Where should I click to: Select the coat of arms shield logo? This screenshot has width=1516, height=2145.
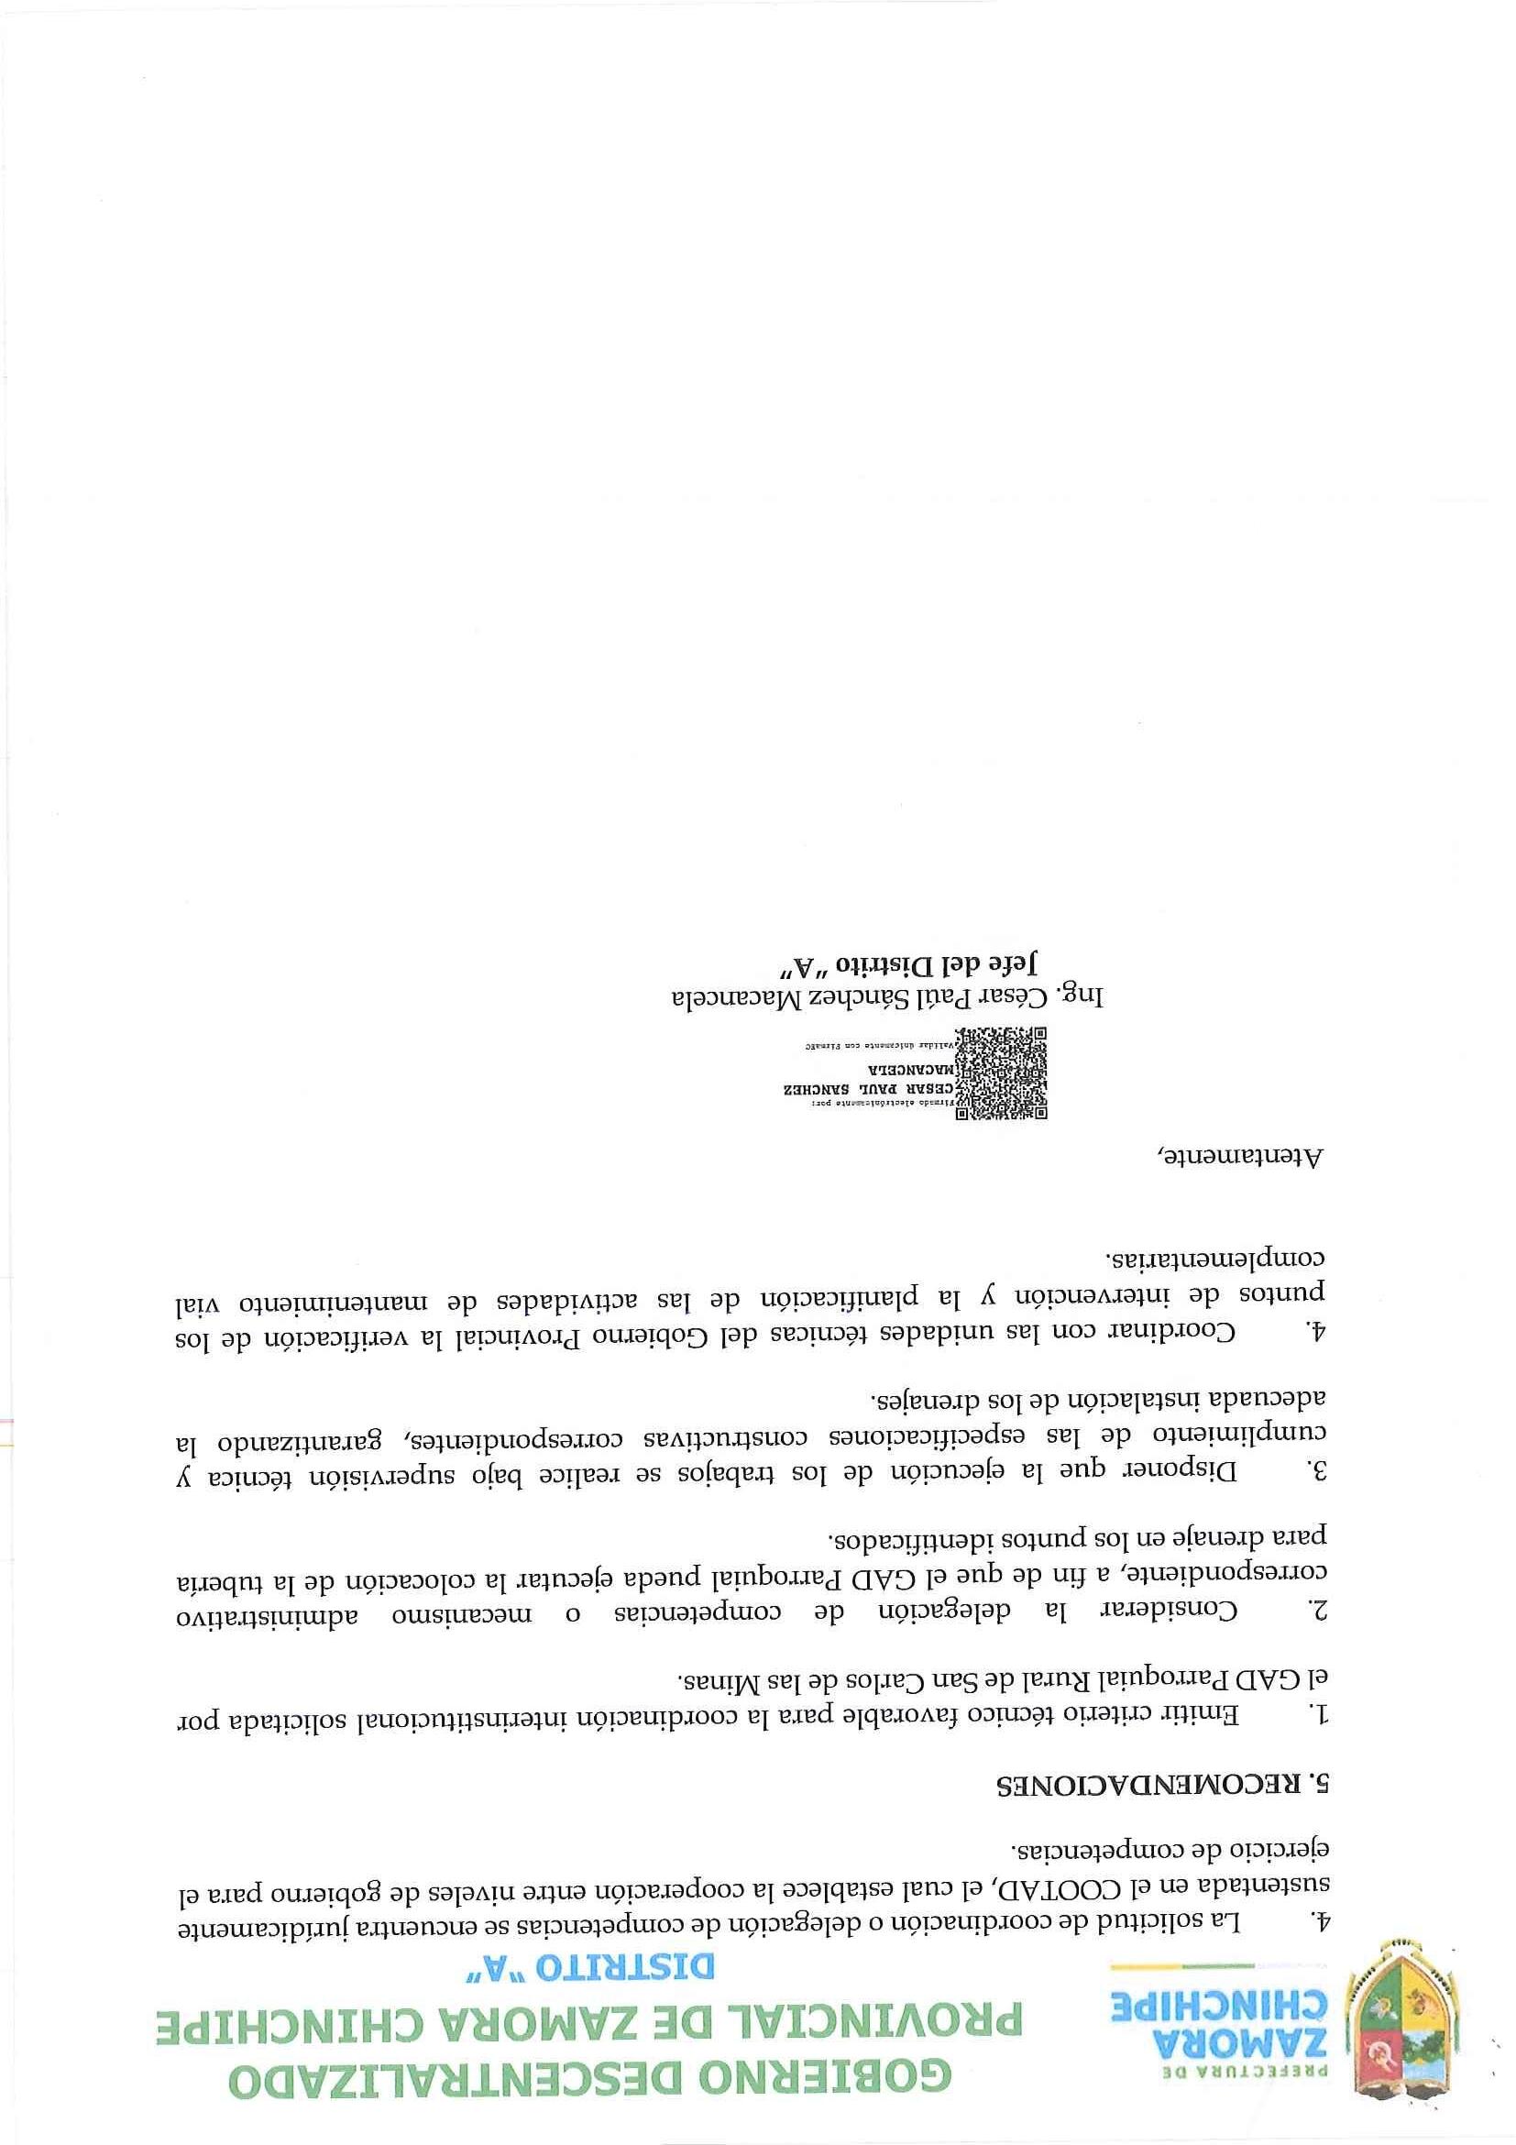pyautogui.click(x=1401, y=2041)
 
